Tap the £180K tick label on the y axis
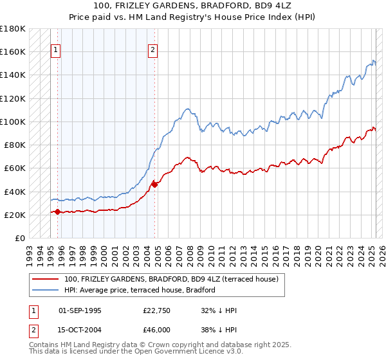point(13,28)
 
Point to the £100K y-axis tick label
point(13,122)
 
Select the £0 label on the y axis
point(20,238)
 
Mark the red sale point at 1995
point(57,212)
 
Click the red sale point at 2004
point(154,184)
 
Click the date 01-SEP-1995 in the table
point(80,310)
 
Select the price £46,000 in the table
point(157,329)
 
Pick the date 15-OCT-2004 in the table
point(80,329)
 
